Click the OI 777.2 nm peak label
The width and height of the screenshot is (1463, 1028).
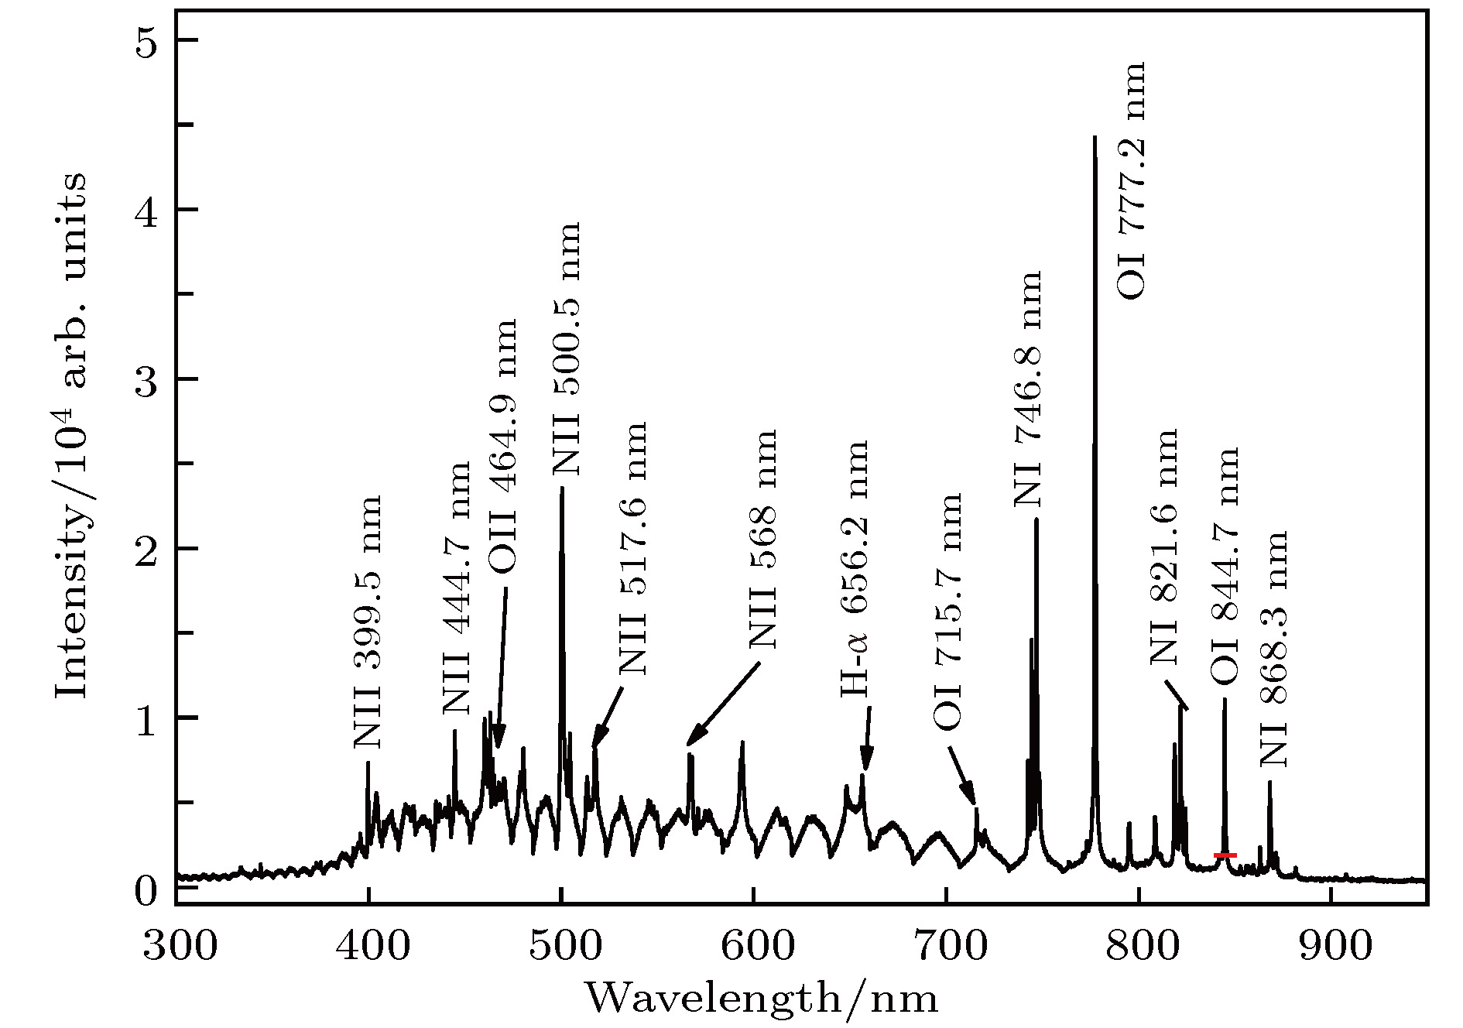[x=1131, y=181]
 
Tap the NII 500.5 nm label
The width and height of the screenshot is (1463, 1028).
[x=566, y=349]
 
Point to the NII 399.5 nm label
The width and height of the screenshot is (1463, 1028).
[x=368, y=622]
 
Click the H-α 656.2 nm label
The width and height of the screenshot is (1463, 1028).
[x=855, y=570]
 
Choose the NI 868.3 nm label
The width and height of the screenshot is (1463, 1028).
[x=1273, y=649]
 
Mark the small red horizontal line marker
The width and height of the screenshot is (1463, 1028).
[x=1225, y=855]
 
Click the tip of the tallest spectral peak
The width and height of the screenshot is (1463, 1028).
[x=1095, y=138]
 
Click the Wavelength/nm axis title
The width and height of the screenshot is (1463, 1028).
[x=762, y=999]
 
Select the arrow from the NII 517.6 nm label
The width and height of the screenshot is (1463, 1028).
[x=608, y=715]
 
